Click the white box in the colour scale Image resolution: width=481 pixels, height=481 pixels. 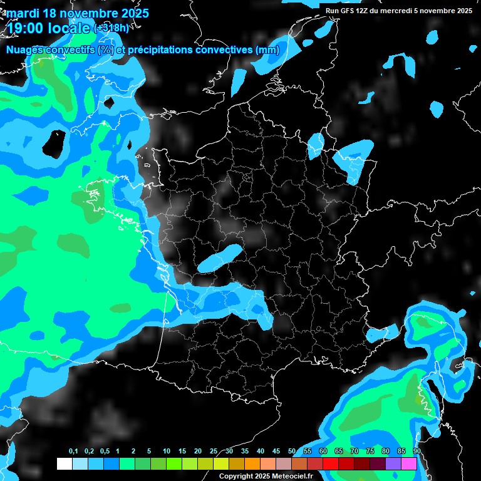click(64, 463)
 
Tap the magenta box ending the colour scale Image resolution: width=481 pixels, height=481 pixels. click(409, 463)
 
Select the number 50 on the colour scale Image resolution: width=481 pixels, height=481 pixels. click(292, 452)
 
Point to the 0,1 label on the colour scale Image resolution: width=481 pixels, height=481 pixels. click(73, 452)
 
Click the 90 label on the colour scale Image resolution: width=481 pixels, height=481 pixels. click(416, 452)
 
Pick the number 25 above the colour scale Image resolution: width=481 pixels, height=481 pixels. click(214, 452)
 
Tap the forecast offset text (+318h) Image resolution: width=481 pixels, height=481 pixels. click(112, 28)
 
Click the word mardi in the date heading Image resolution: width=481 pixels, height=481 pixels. click(23, 13)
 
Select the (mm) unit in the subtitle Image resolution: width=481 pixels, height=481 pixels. click(267, 49)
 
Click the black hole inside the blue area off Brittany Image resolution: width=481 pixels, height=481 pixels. click(54, 143)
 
